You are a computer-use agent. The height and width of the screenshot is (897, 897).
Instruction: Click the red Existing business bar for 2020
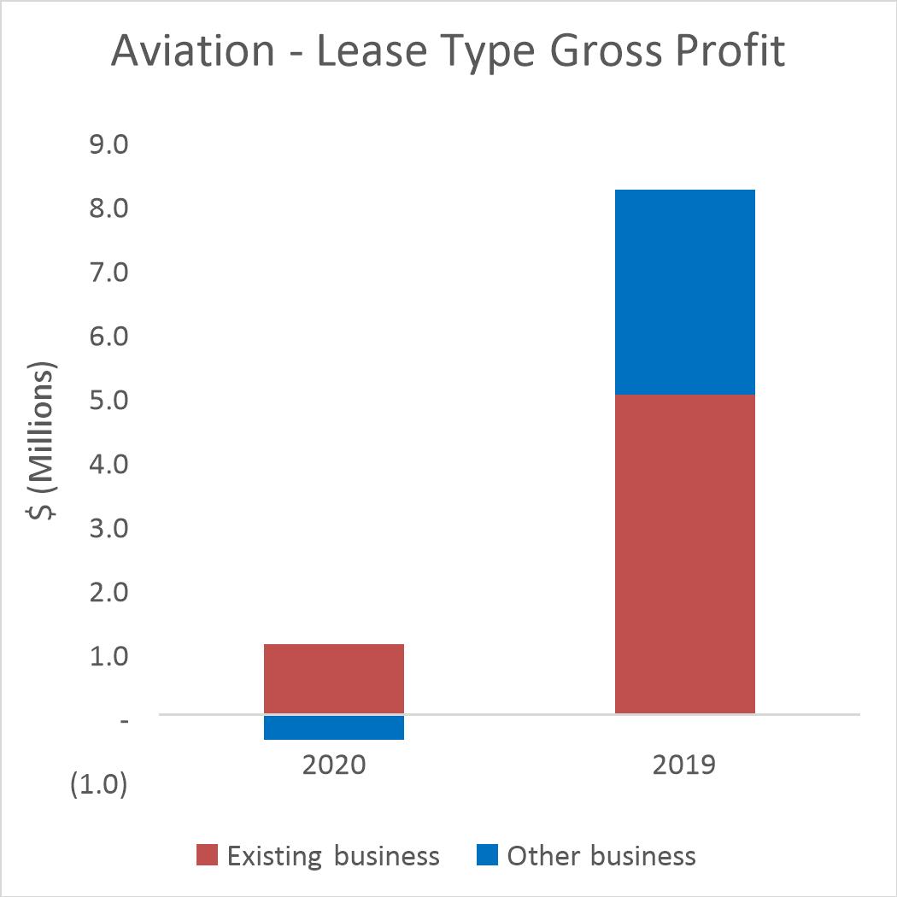(333, 677)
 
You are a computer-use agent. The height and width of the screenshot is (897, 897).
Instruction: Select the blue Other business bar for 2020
(333, 727)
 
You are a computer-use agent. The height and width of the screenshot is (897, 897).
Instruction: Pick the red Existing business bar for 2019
(684, 554)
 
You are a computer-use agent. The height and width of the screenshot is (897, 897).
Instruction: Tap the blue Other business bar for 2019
(684, 291)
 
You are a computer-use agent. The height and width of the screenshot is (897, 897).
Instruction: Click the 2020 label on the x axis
(333, 763)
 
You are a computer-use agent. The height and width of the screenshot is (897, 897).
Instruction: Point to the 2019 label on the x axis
(684, 763)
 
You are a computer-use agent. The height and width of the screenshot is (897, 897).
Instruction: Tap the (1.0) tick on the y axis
(100, 785)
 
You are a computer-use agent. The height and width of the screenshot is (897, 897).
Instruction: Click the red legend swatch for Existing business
(208, 855)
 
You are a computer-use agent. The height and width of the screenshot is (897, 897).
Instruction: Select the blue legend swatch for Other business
(486, 855)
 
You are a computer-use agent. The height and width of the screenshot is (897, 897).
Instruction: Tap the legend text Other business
(601, 855)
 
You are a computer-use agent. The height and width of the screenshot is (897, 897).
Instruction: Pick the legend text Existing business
(333, 855)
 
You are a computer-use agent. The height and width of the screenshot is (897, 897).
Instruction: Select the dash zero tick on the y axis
(125, 721)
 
